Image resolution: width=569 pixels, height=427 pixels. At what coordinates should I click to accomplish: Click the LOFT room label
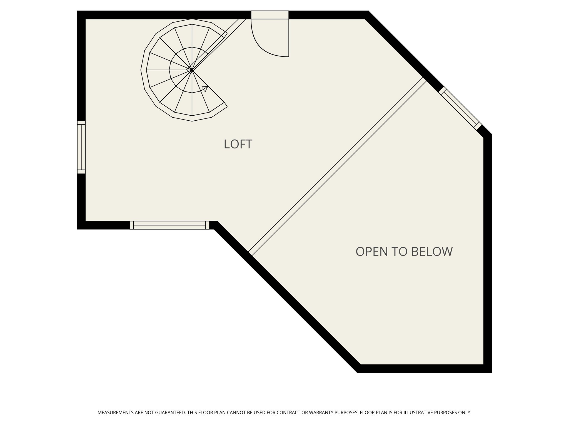[238, 144]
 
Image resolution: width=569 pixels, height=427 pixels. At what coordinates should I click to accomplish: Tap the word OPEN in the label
[372, 252]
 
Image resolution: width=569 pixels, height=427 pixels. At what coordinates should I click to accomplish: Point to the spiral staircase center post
[192, 71]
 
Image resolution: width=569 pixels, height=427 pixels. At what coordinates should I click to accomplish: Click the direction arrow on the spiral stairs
[205, 88]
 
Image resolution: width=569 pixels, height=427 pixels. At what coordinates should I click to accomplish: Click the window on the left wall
[81, 147]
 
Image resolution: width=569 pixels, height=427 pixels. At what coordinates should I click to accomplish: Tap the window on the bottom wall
[169, 225]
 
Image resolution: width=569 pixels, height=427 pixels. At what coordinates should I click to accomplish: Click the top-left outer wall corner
[81, 15]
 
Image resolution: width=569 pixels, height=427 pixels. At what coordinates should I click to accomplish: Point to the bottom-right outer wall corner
[488, 369]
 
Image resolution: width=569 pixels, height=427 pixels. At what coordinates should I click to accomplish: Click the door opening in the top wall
[270, 15]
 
